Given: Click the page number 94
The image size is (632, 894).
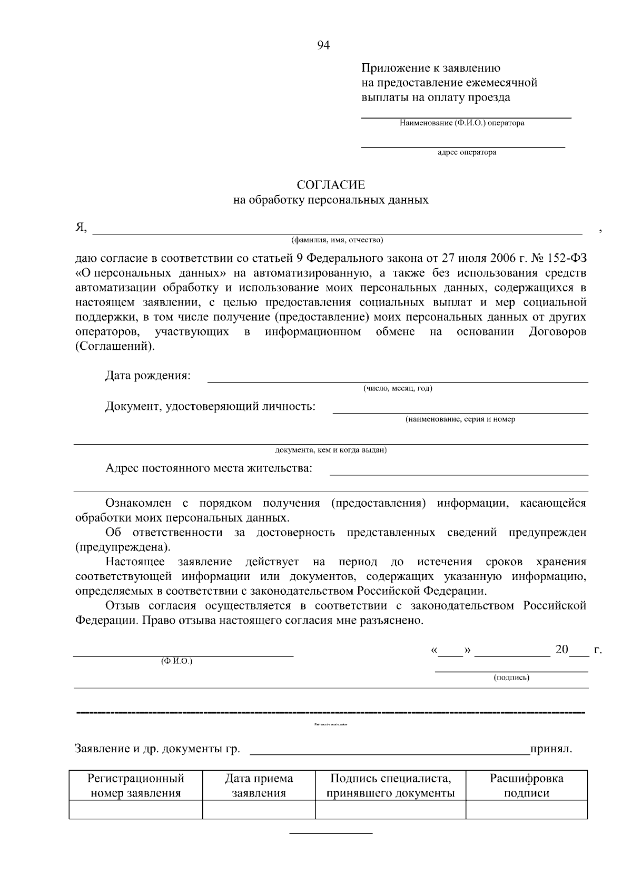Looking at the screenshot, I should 323,46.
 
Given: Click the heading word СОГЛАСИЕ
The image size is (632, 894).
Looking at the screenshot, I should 331,185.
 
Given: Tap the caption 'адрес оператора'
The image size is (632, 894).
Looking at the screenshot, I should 467,153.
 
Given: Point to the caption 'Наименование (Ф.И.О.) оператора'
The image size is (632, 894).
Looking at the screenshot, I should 461,123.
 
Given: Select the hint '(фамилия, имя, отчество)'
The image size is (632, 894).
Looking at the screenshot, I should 338,240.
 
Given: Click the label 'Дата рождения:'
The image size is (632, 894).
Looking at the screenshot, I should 148,376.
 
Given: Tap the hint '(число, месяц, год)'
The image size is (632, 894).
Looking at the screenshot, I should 398,389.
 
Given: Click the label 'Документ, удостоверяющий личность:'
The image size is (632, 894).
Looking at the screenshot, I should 211,407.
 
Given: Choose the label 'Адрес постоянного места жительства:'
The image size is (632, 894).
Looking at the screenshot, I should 209,468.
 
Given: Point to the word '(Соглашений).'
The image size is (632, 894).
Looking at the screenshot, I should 116,347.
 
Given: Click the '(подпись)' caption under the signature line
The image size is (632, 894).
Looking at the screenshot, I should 511,677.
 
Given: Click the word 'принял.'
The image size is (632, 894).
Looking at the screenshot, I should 551,749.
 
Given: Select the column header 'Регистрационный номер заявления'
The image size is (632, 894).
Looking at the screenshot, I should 136,785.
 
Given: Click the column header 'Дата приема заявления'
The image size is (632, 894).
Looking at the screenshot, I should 259,785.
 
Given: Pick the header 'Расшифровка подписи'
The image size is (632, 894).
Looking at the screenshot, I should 526,785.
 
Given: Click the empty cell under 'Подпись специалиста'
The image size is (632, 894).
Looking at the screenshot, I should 390,810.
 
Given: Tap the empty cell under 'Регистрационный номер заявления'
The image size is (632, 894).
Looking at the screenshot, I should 136,810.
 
